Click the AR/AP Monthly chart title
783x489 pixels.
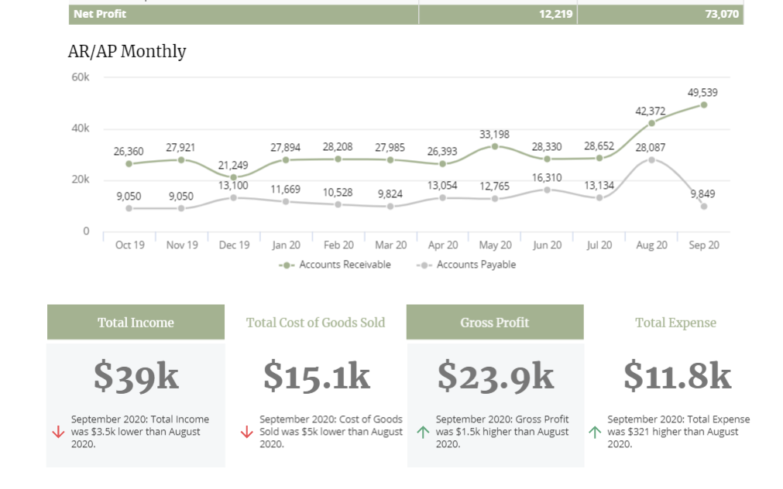pos(127,52)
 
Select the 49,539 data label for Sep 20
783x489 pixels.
pos(702,93)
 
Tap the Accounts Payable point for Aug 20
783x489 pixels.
pos(651,159)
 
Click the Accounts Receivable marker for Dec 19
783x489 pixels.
pos(234,177)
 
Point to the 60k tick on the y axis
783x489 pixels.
pos(81,77)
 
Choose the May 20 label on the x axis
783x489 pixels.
pos(494,244)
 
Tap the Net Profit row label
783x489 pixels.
pos(99,14)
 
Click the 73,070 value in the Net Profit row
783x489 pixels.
pos(722,14)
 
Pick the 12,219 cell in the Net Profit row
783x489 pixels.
pos(555,14)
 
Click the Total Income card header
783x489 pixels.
pos(136,323)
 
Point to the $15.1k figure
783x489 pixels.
pos(316,376)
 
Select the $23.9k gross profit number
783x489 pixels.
pos(495,376)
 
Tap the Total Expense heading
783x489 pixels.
pos(675,323)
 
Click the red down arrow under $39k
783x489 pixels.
pos(58,432)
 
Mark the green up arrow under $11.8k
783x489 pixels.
pos(595,432)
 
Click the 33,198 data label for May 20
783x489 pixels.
pos(494,135)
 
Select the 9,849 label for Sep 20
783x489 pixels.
pos(703,194)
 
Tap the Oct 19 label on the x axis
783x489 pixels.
pos(129,244)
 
